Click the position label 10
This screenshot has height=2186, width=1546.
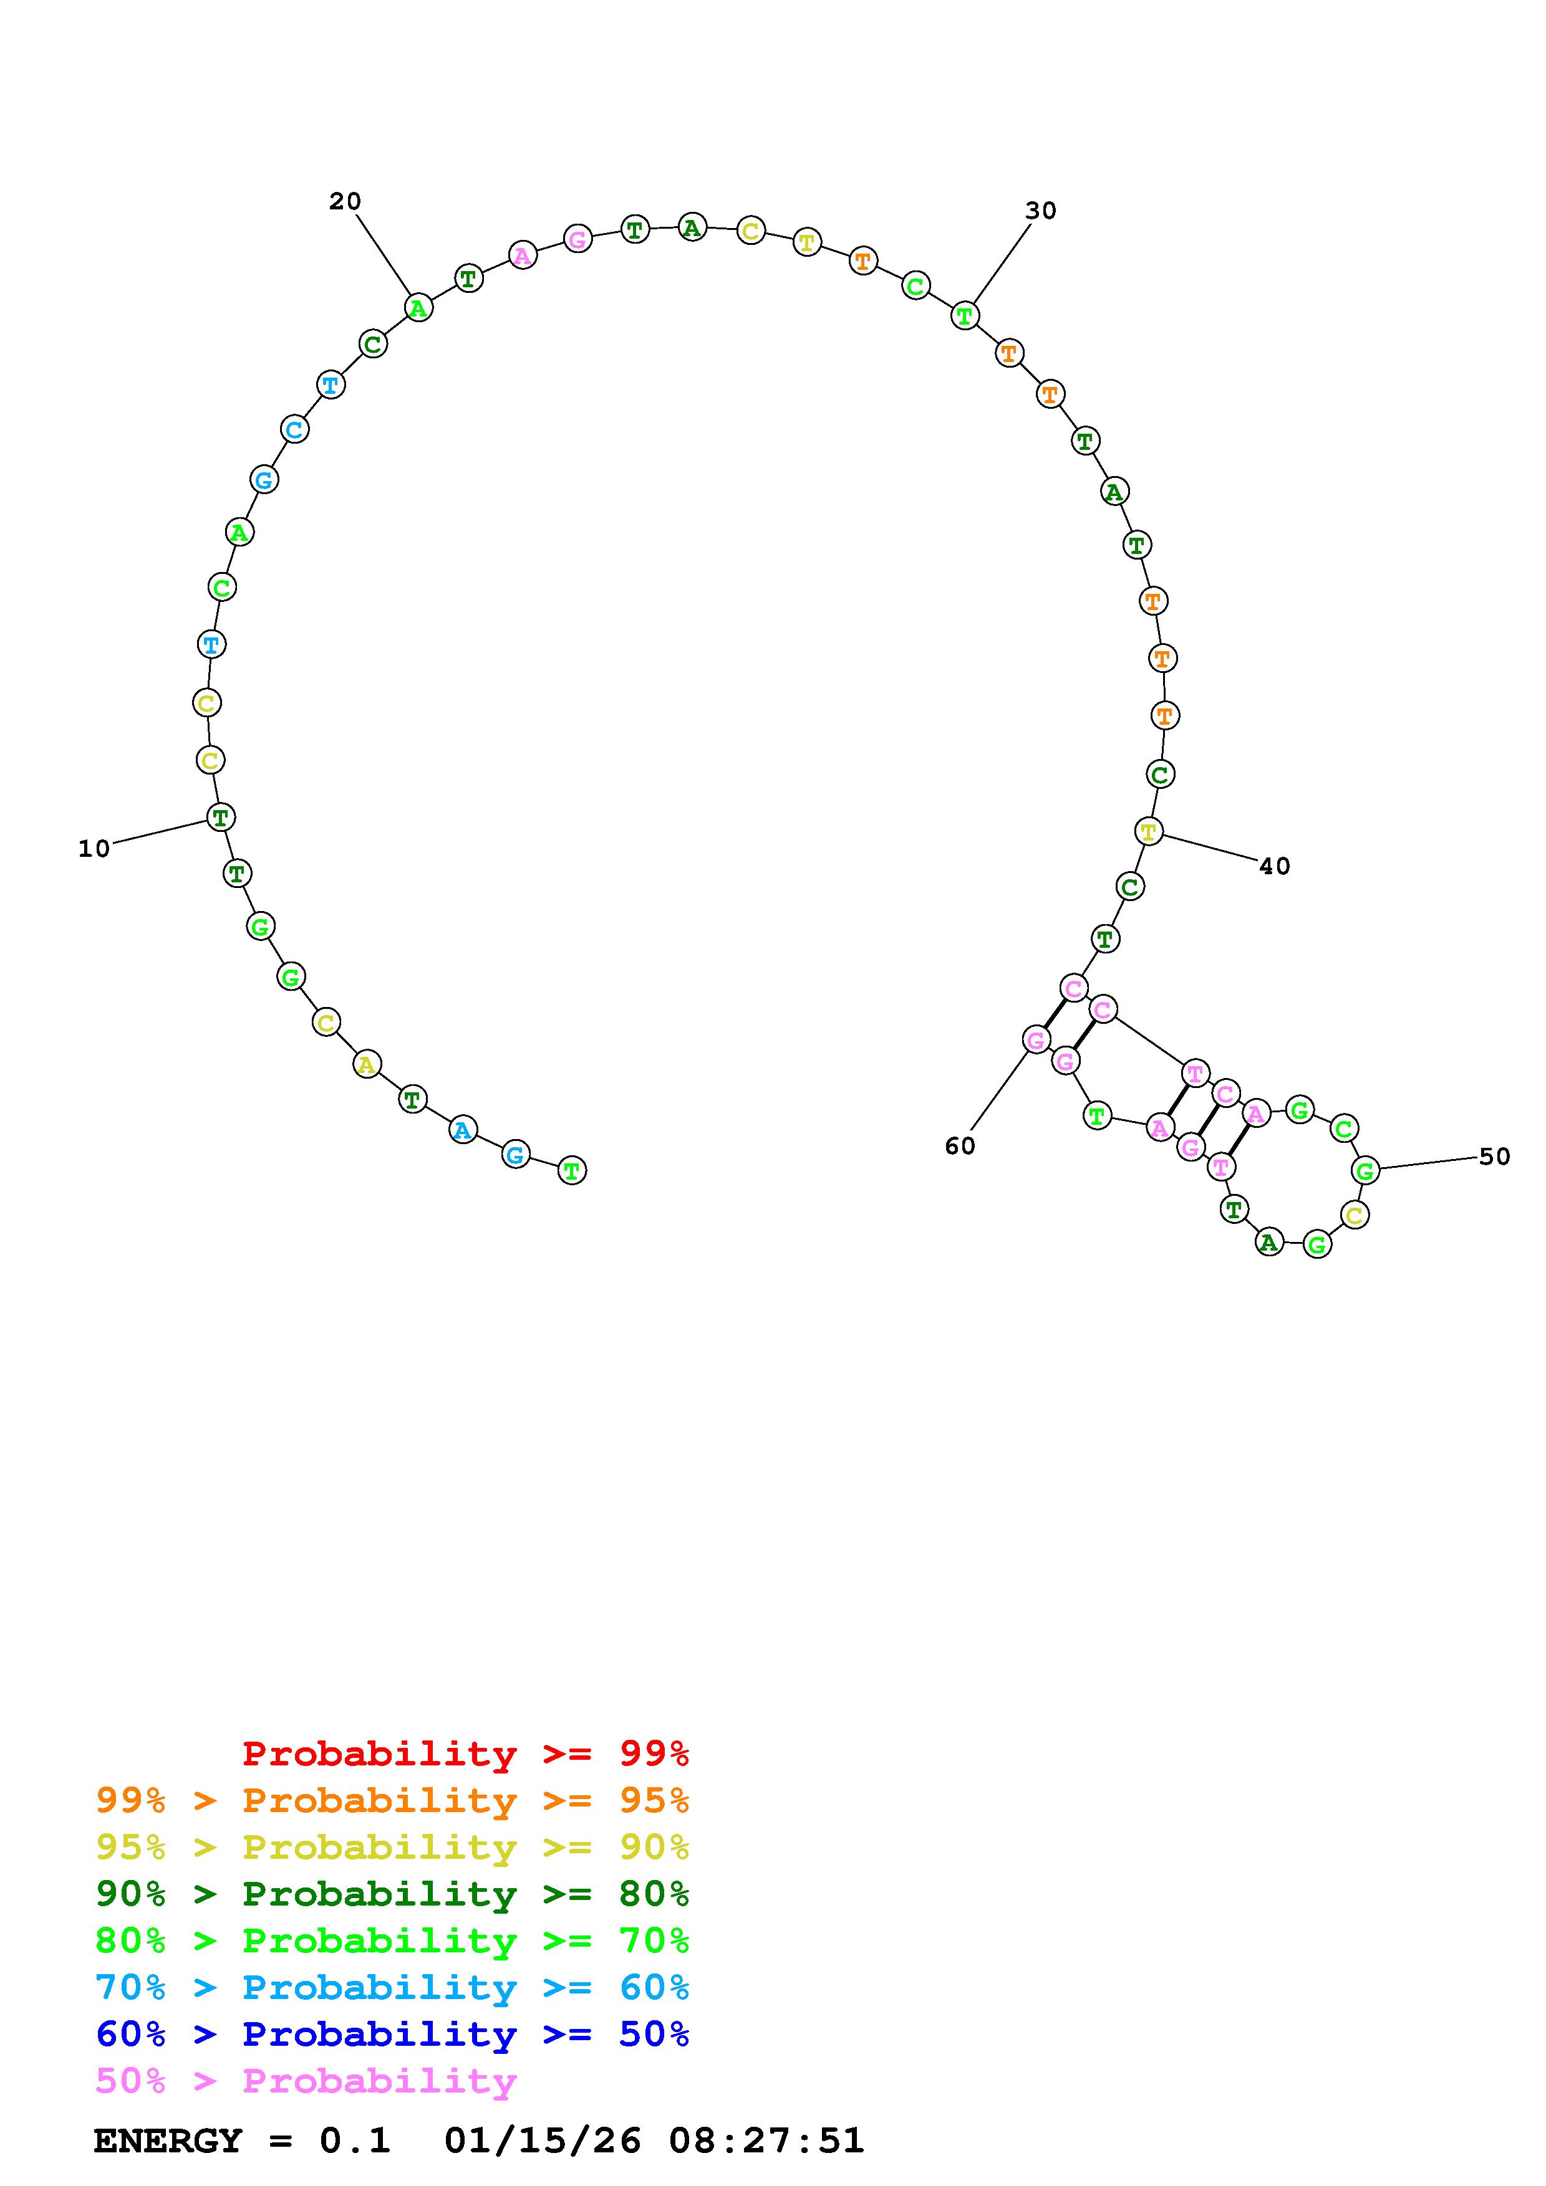[94, 848]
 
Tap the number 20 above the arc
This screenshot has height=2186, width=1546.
[345, 201]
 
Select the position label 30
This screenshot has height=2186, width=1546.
[1040, 211]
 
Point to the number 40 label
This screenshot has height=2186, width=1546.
[1275, 866]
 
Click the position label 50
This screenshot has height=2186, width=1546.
[1495, 1157]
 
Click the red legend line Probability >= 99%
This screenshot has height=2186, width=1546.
[466, 1754]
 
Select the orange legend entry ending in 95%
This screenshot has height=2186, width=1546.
[392, 1800]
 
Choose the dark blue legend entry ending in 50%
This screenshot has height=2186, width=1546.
[392, 2035]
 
